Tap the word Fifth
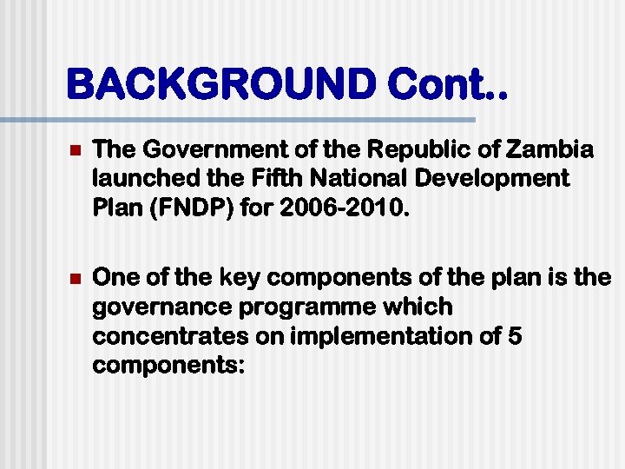(x=269, y=180)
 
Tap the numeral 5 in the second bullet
(x=514, y=336)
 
